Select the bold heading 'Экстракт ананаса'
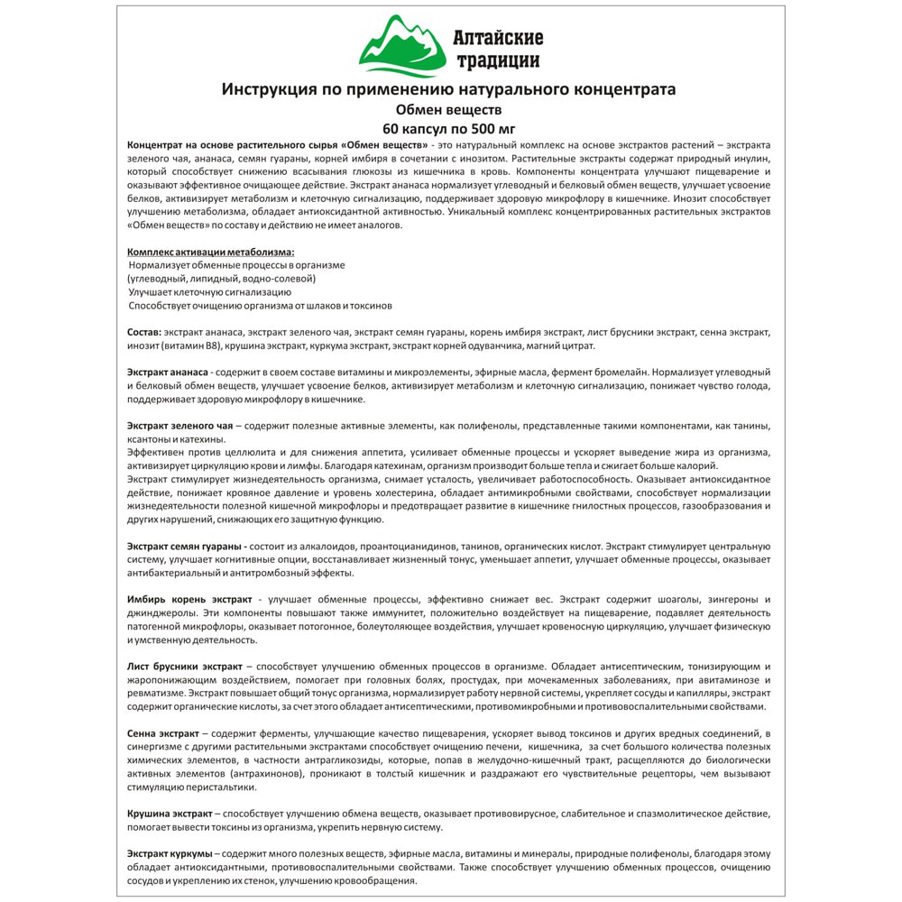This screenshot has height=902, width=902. pyautogui.click(x=169, y=373)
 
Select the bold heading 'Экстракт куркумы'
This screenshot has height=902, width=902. pyautogui.click(x=170, y=853)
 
